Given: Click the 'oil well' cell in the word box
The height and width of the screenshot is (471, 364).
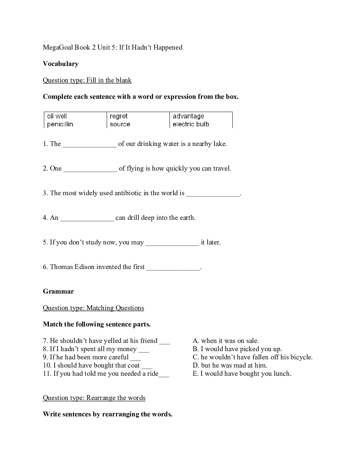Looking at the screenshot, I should click(57, 116).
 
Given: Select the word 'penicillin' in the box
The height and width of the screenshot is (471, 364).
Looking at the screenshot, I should click(60, 125).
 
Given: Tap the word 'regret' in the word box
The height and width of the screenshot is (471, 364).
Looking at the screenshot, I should click(118, 116).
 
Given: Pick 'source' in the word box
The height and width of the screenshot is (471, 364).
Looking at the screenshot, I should click(120, 125).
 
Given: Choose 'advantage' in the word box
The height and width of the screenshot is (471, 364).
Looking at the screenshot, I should click(188, 116).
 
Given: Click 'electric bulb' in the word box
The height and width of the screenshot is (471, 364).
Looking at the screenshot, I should click(191, 125).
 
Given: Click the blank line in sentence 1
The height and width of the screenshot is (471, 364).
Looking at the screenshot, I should click(90, 145).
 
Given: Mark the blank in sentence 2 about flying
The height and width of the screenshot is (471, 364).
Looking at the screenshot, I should click(90, 169).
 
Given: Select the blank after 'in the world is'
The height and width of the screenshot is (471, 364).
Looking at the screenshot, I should click(213, 194).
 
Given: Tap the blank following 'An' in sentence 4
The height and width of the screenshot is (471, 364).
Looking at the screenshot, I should click(87, 218).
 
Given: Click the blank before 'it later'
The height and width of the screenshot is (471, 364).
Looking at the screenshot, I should click(172, 243).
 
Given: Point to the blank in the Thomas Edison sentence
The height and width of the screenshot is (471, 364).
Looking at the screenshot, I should click(173, 268).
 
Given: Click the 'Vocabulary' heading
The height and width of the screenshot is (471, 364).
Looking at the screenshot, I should click(61, 64).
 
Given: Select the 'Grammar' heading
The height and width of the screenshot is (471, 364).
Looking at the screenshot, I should click(58, 292).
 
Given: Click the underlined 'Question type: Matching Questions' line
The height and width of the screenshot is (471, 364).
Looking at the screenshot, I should click(93, 308).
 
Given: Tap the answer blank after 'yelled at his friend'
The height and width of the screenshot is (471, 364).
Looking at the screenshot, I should click(165, 341).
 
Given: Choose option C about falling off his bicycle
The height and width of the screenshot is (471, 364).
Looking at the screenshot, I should click(253, 357).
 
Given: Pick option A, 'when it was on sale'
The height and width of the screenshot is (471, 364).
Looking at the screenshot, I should click(226, 341).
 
